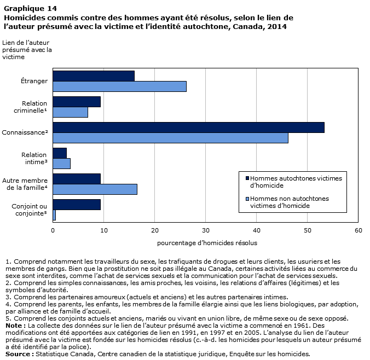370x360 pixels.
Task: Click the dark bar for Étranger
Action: click(x=94, y=76)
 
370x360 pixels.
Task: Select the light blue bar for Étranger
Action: click(x=120, y=86)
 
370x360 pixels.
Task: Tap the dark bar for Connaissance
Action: click(x=188, y=127)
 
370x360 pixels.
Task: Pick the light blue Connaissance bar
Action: click(x=170, y=138)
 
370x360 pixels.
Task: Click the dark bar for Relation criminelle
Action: click(x=77, y=102)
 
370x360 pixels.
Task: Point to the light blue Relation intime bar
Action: click(x=62, y=164)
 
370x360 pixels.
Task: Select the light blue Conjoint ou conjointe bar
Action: click(x=54, y=215)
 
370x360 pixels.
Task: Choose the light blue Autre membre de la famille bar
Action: click(x=95, y=189)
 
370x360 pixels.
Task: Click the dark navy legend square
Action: click(x=247, y=178)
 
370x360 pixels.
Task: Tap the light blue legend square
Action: click(x=247, y=199)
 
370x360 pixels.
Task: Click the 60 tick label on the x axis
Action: click(x=358, y=230)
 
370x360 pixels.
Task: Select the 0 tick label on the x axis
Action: click(x=53, y=230)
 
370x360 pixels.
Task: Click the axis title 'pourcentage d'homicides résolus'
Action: click(x=207, y=243)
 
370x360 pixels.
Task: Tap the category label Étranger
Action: click(x=34, y=81)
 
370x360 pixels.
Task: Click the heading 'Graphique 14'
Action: click(x=31, y=9)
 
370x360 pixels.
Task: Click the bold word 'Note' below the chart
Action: click(x=14, y=326)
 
